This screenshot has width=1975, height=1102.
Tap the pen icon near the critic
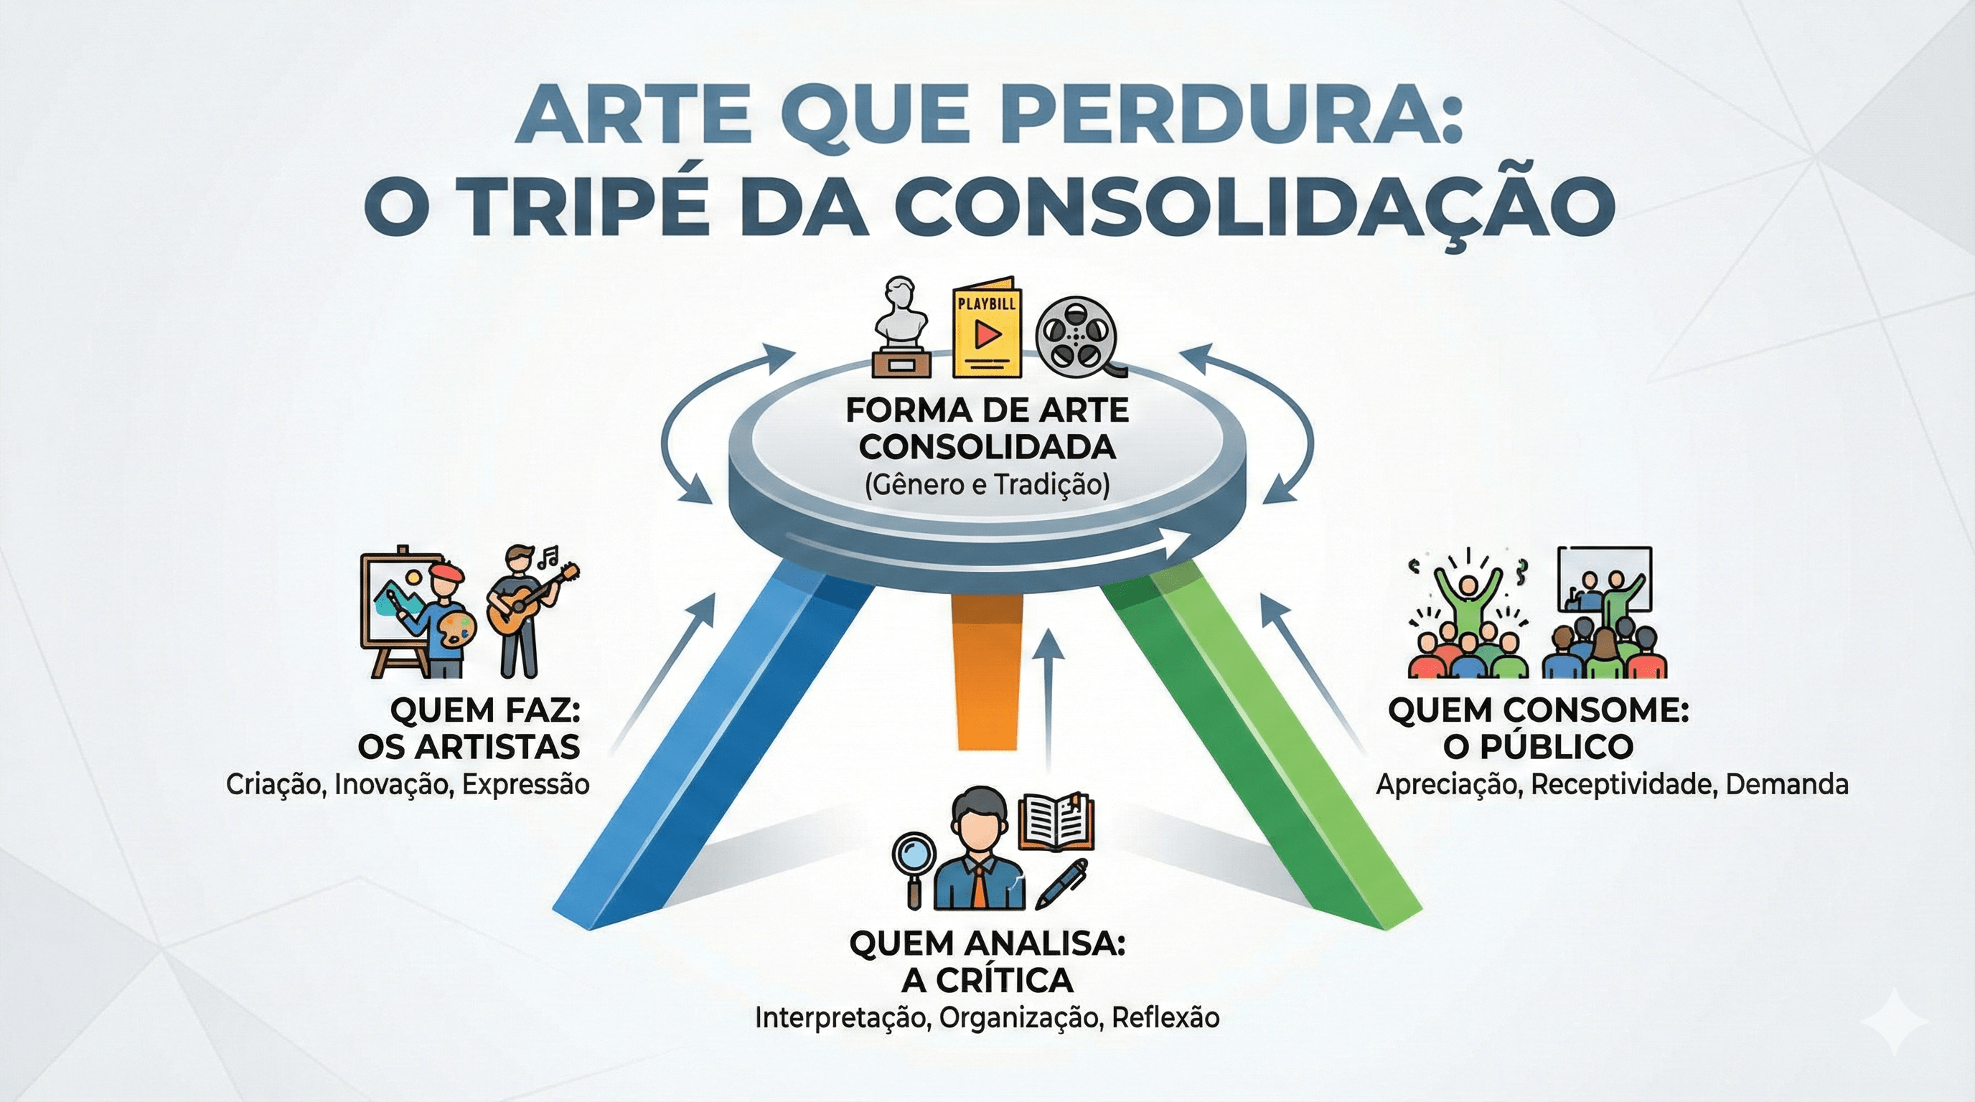pyautogui.click(x=1062, y=881)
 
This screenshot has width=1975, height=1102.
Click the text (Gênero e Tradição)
pyautogui.click(x=987, y=486)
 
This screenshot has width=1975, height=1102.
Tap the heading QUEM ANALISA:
pyautogui.click(x=987, y=944)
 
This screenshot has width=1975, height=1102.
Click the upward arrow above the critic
pyautogui.click(x=1048, y=689)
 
